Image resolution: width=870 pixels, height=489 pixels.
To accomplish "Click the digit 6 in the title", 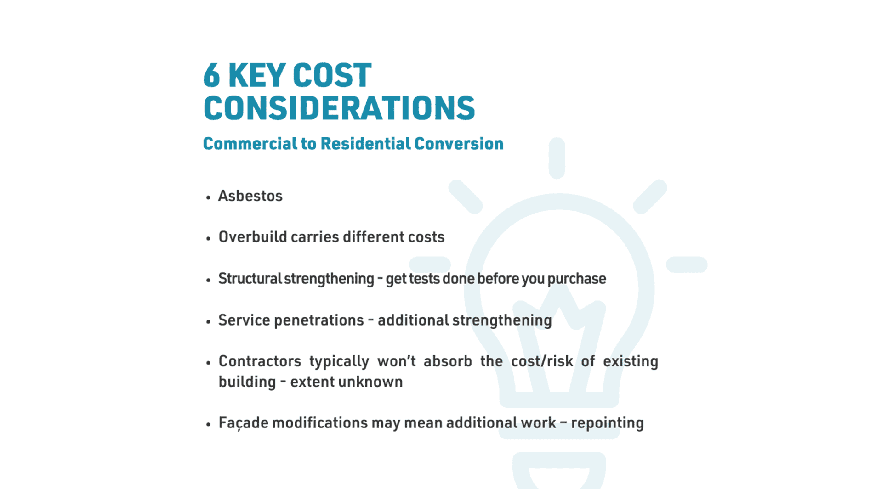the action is click(212, 75).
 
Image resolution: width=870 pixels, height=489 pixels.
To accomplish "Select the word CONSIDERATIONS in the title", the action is click(339, 108).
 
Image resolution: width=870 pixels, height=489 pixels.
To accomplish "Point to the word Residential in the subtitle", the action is click(365, 143).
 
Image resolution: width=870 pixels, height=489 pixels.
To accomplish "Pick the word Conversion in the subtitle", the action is click(459, 143).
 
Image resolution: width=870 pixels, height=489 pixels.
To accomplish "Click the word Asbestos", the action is click(250, 196).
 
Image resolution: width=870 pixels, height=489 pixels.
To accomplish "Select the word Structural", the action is click(250, 278).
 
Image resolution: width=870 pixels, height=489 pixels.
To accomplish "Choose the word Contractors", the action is click(260, 361).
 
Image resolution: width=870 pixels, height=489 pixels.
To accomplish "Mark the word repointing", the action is click(607, 423).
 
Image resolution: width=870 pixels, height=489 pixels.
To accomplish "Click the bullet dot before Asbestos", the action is click(208, 197).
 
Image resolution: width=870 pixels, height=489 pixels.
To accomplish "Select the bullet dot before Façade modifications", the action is click(208, 424).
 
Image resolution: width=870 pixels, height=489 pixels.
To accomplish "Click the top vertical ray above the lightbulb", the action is click(557, 158).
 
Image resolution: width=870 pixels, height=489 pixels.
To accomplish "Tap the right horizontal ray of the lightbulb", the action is click(687, 264).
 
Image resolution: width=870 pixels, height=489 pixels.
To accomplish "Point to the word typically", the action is click(339, 362).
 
